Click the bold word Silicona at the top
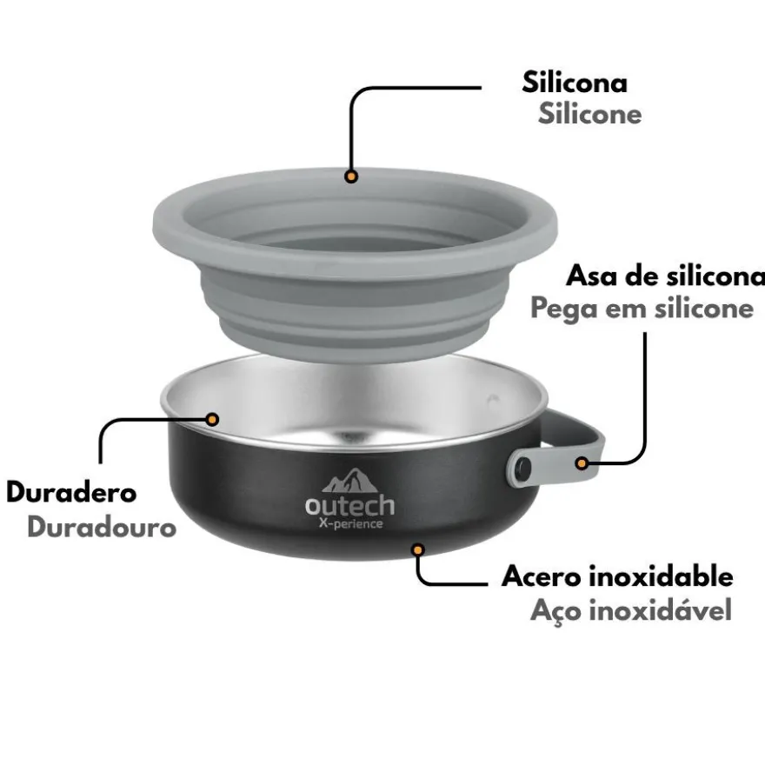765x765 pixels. point(575,82)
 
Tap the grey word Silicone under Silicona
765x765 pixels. point(590,114)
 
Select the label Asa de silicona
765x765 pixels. point(666,276)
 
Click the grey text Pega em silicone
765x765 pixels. point(642,309)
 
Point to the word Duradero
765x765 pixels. point(71,492)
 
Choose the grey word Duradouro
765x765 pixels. point(102,528)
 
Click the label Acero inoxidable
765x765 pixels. point(617,576)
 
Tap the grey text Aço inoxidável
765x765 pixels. point(631,610)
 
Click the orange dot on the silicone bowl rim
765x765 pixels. point(351,176)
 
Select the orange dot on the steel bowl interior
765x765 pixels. point(212,419)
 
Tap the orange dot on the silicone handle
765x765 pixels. point(582,463)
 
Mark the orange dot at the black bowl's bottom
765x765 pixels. point(417,550)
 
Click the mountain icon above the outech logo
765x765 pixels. point(349,481)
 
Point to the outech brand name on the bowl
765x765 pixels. point(349,505)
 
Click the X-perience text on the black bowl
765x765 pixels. point(350,523)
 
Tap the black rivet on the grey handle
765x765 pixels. point(523,469)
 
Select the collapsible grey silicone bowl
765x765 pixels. point(356,263)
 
